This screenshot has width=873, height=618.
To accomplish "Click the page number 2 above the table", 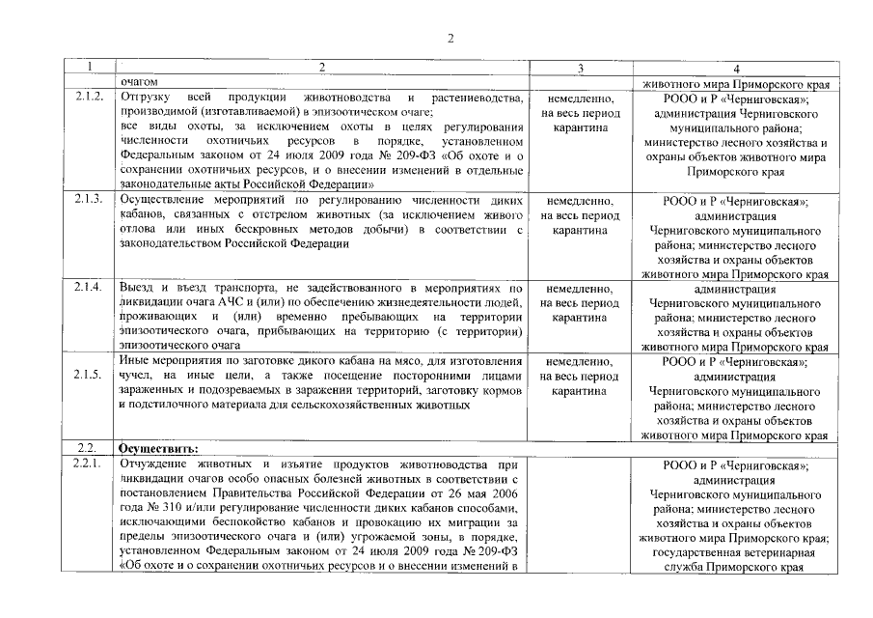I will (x=450, y=39).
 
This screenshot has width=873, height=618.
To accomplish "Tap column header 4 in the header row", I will (x=736, y=69).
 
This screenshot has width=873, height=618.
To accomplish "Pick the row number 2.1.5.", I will (x=89, y=375).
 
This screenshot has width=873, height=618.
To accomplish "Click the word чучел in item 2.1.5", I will (x=135, y=376).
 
